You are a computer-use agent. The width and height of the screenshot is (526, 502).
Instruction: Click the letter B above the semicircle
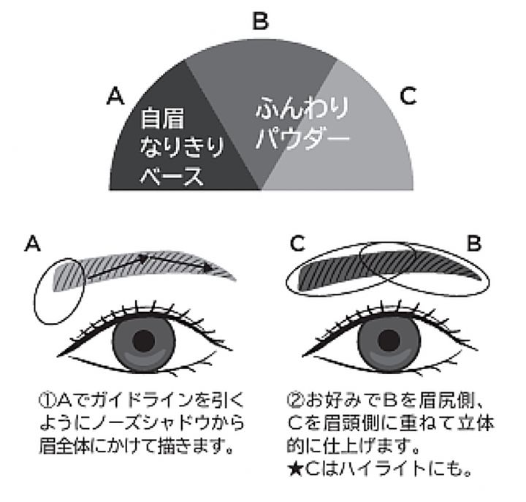point(260,20)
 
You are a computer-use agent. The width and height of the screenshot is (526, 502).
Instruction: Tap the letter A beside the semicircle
point(115,96)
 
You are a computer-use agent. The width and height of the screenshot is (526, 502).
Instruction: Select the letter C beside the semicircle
point(408,96)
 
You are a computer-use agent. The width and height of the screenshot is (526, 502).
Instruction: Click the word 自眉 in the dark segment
point(162,118)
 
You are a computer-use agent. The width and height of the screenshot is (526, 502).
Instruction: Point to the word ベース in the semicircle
point(172,175)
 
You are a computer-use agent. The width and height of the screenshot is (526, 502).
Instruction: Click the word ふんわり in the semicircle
point(302,108)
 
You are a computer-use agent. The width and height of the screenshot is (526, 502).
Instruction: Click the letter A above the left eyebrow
point(33,243)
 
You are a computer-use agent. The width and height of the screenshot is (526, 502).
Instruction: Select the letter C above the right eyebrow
point(297,243)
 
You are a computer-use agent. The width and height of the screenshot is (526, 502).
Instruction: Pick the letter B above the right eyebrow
point(474,243)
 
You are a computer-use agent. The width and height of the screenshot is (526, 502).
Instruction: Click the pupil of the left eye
point(144,341)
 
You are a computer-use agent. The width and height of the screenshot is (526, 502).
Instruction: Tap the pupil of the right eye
point(389,341)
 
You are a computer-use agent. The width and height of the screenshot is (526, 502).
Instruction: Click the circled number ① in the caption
point(47,400)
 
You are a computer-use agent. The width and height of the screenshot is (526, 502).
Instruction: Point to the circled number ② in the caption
point(295,400)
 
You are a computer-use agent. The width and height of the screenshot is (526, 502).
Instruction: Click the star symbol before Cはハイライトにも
point(295,469)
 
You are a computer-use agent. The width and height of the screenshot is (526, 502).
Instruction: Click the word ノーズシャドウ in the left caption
point(145,423)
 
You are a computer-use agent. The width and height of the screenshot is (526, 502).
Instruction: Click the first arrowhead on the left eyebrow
point(144,259)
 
